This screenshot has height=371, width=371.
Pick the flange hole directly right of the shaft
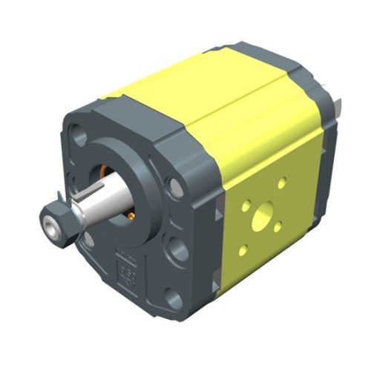(174, 185)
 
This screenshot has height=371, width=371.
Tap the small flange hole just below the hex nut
(88, 239)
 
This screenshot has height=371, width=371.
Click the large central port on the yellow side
(261, 219)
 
